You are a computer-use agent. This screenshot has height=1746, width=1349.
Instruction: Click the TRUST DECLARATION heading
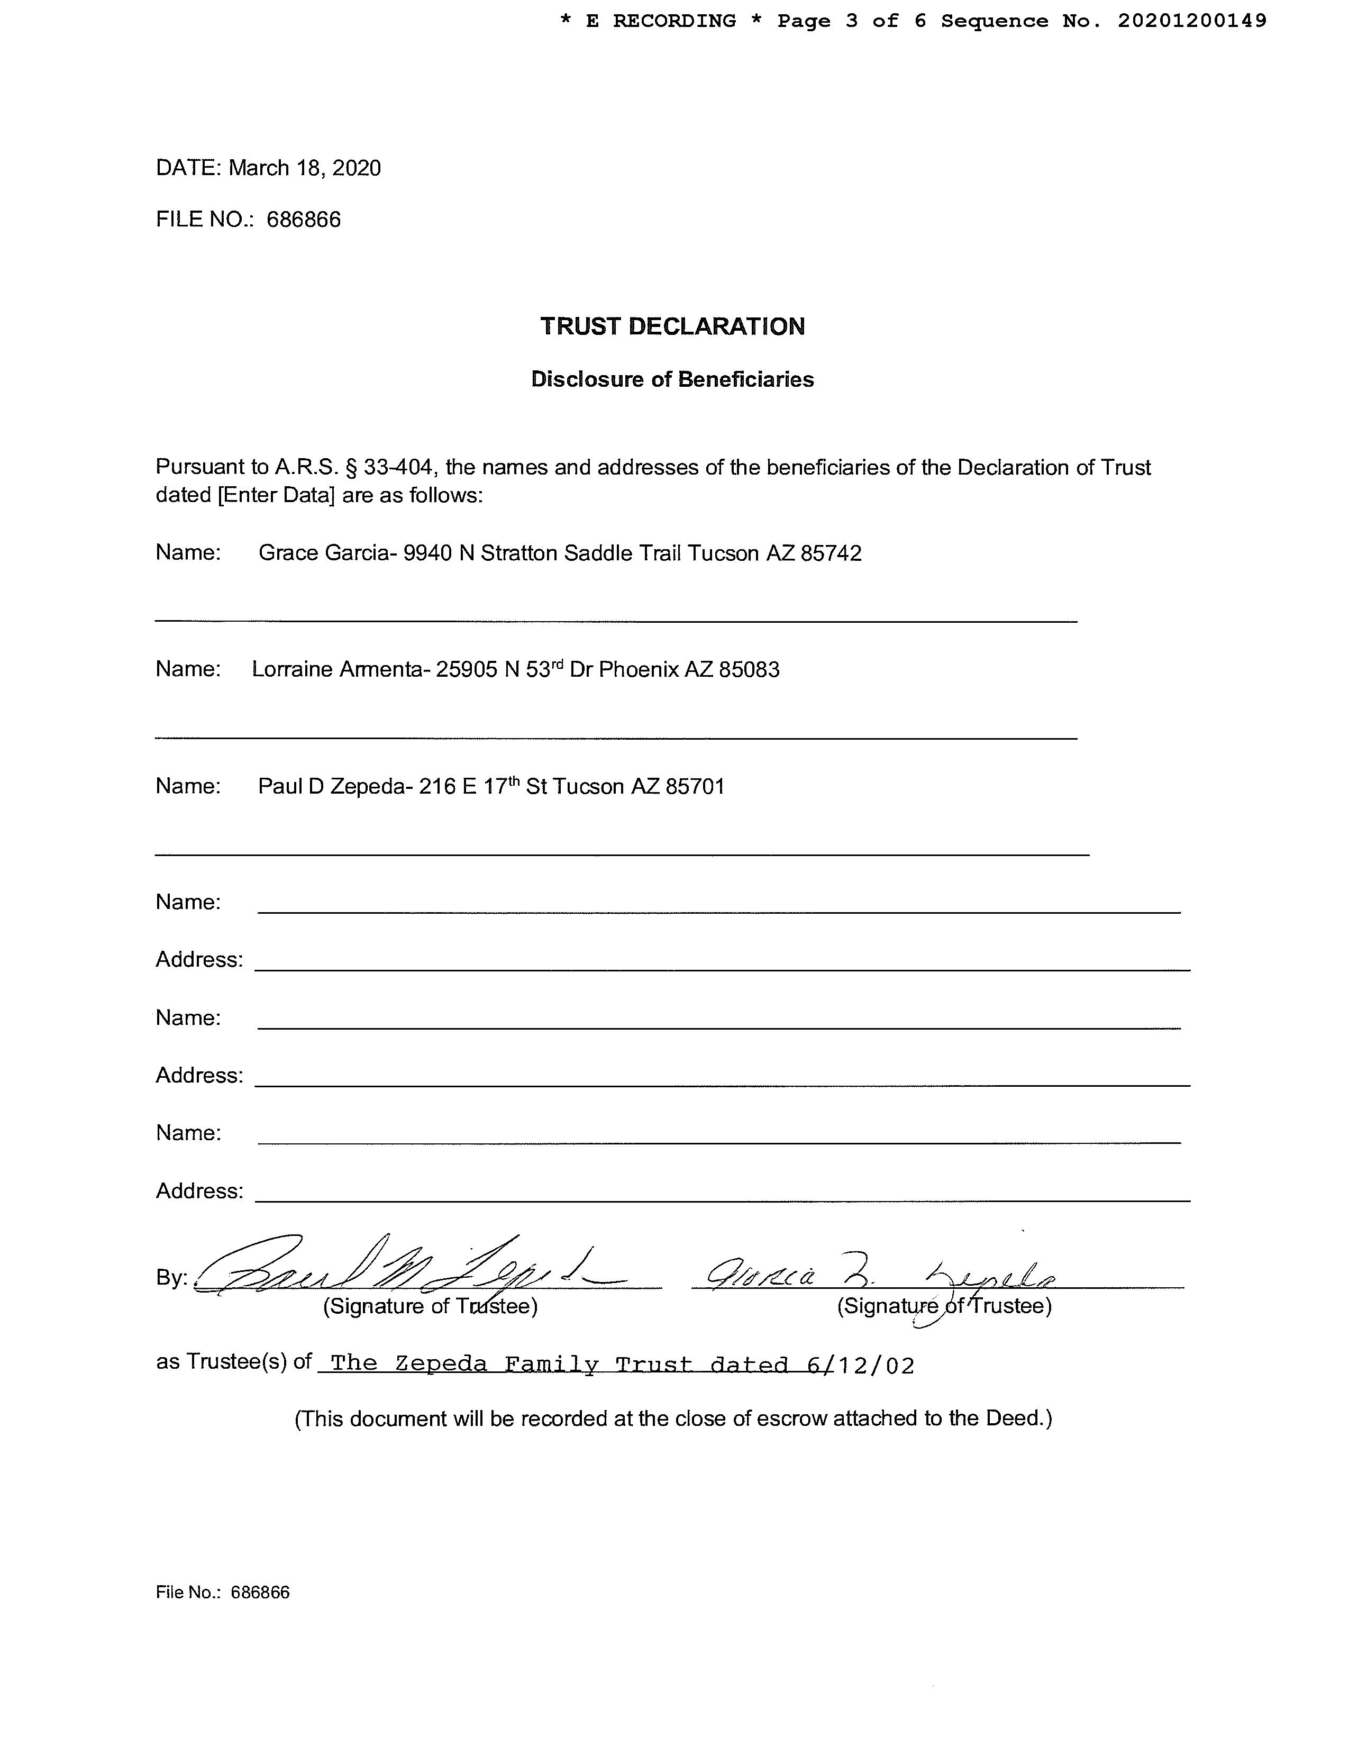click(672, 326)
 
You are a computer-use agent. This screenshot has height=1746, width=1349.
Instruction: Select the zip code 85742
click(831, 553)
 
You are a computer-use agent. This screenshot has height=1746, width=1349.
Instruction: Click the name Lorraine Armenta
click(338, 669)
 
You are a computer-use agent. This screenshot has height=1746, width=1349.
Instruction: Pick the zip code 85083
click(749, 669)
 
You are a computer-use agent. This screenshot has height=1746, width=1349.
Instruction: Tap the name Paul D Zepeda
click(332, 787)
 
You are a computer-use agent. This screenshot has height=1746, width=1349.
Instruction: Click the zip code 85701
click(695, 787)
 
